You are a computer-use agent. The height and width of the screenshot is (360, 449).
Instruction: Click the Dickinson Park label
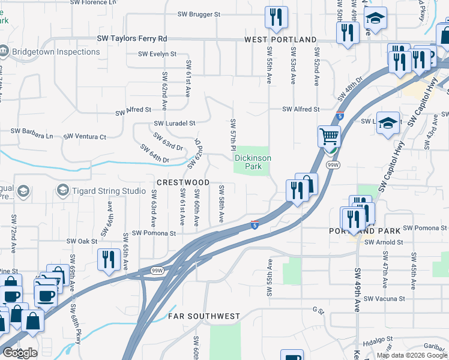click(253, 162)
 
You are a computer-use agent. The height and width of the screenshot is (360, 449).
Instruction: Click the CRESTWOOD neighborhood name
click(183, 182)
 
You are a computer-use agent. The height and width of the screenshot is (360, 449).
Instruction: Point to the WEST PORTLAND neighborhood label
click(280, 40)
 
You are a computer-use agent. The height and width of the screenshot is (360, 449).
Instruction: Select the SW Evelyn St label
click(157, 54)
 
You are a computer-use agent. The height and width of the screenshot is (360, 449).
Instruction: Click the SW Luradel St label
click(175, 123)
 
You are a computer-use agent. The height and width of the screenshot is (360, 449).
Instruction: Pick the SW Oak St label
click(83, 241)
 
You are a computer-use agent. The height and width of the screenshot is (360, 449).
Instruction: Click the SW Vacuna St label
click(385, 298)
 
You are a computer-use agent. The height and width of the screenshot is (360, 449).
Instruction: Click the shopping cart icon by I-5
click(329, 137)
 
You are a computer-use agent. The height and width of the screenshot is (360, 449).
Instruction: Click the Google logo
click(20, 353)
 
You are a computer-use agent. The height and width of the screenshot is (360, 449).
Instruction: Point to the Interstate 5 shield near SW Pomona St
click(255, 224)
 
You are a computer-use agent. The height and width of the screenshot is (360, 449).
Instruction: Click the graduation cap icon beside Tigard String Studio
click(24, 191)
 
